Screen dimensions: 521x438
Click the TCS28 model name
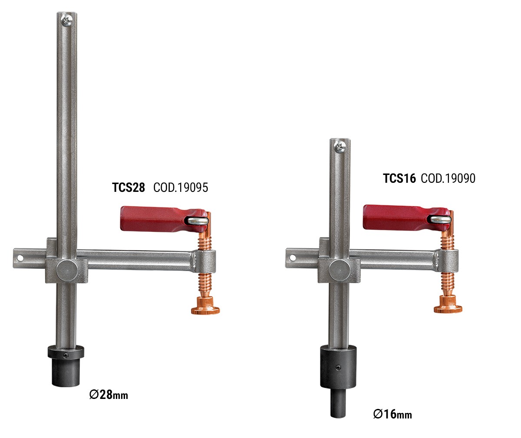coord(129,188)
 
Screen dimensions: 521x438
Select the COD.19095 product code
coord(181,188)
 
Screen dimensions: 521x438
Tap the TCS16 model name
coord(399,178)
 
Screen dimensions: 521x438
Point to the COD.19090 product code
coord(448,178)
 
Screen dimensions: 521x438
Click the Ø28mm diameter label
coord(109,395)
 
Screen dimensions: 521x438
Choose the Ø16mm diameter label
coord(392,414)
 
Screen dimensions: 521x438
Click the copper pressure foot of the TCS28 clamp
coord(205,306)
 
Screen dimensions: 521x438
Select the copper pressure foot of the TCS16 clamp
coord(448,304)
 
